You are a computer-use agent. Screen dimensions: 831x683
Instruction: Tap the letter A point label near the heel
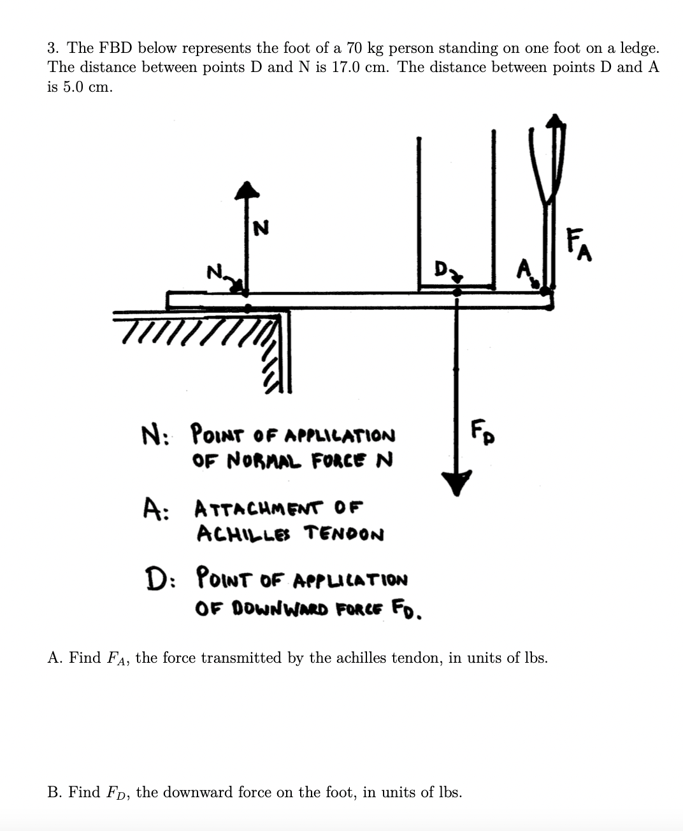tap(524, 269)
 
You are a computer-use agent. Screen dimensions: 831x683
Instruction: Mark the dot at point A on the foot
tap(543, 291)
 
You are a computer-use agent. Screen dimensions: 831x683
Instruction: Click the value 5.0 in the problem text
tap(71, 87)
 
